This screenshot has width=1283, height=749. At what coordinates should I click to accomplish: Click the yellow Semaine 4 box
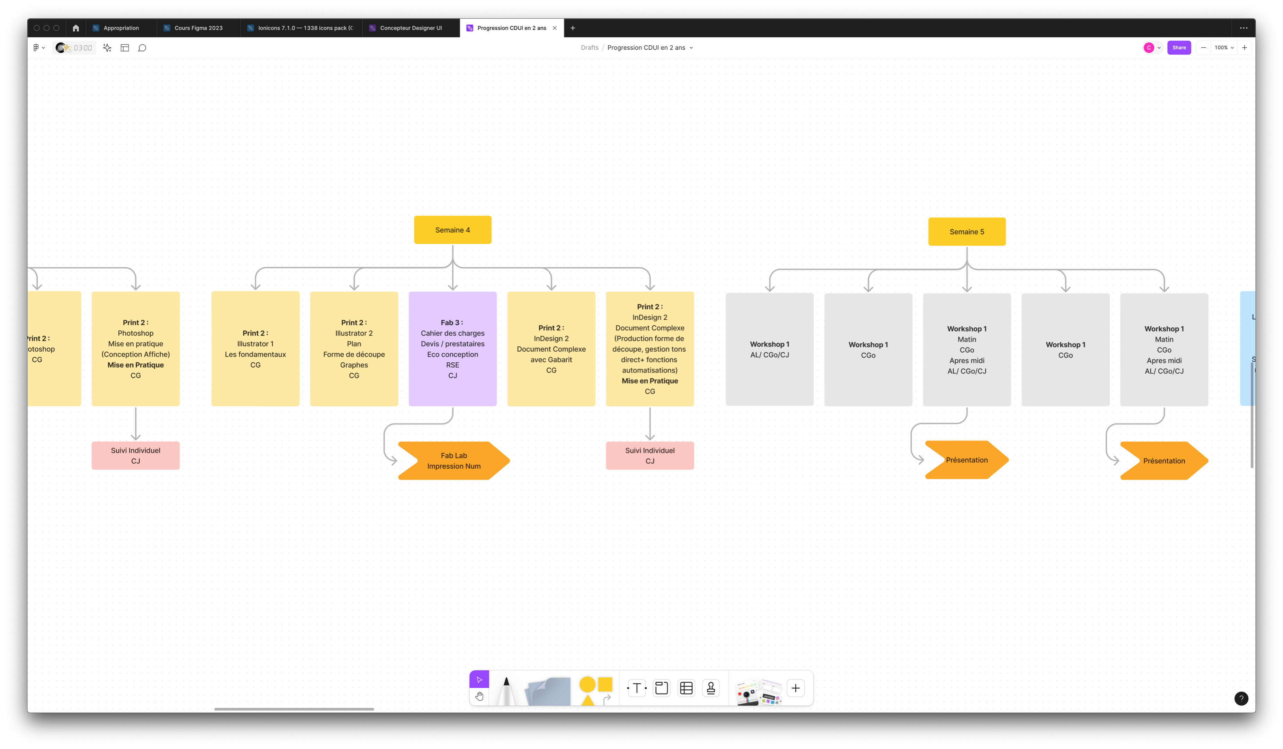point(452,230)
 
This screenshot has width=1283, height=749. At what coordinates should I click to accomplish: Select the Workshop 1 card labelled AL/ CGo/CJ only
point(769,349)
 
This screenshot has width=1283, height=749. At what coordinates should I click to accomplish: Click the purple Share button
point(1179,48)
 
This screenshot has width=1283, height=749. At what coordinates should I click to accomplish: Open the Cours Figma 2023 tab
point(198,28)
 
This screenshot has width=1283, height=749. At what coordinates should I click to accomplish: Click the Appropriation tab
point(121,28)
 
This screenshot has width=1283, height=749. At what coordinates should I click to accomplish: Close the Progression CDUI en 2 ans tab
point(555,28)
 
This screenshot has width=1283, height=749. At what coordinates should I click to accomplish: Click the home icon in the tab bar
point(76,28)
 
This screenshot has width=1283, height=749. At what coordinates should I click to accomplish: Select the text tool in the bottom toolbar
point(636,688)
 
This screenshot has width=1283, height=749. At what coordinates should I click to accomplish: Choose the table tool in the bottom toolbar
point(686,688)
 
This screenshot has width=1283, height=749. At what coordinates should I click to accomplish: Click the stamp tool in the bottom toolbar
point(711,688)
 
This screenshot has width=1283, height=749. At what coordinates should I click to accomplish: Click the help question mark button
point(1241,699)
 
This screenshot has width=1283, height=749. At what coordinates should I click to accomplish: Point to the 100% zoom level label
point(1221,48)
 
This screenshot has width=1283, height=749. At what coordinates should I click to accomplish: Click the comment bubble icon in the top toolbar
point(142,48)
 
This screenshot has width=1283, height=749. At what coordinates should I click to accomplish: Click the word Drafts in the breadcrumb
point(589,48)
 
